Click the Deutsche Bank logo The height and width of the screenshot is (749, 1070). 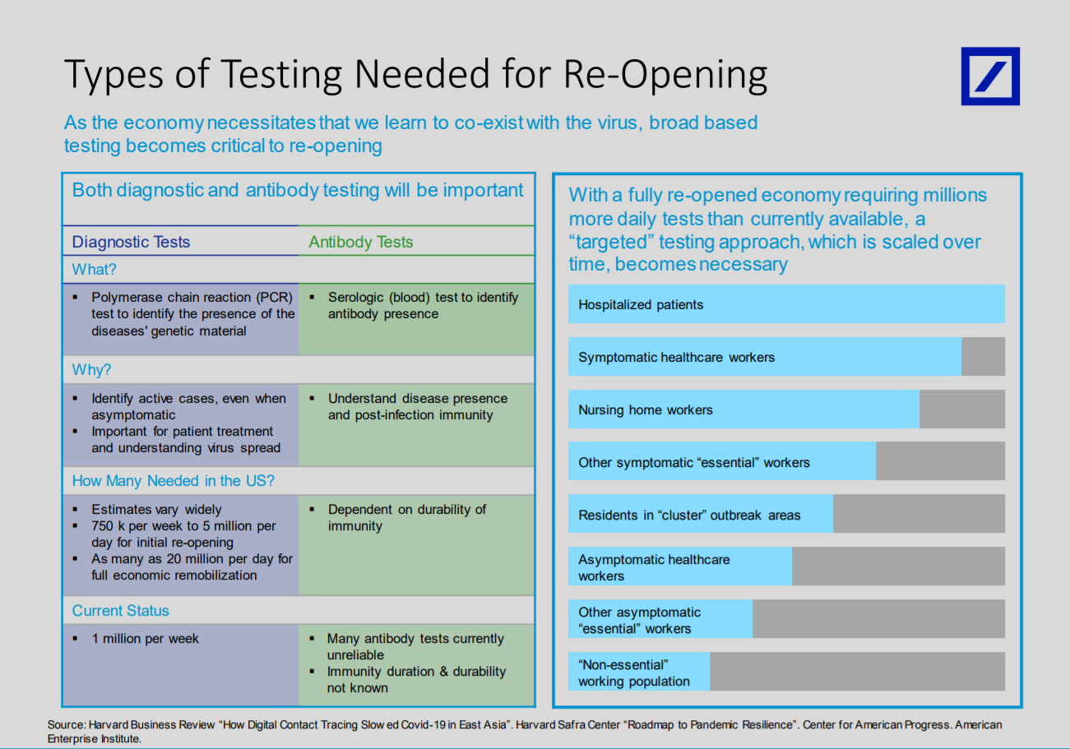tap(990, 76)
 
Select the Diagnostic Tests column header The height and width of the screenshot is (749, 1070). tap(131, 242)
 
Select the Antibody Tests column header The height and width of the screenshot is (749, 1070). tap(361, 242)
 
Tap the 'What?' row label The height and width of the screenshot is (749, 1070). tap(94, 270)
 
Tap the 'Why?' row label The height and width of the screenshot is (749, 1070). tap(91, 370)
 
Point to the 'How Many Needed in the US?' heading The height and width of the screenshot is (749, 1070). tap(174, 481)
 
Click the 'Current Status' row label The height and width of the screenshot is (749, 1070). tap(120, 611)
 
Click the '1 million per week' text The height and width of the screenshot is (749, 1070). tap(145, 639)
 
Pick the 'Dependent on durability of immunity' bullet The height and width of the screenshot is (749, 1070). tap(407, 517)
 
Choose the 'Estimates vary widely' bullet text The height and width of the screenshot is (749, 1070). tap(156, 510)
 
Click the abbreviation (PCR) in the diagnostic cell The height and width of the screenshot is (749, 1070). tap(274, 298)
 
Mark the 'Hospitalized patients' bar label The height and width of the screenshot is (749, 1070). tap(641, 304)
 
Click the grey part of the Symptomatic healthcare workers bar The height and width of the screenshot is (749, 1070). tap(983, 357)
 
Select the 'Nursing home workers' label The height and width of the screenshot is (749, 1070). tap(646, 410)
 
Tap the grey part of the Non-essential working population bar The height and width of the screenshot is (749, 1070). tap(858, 671)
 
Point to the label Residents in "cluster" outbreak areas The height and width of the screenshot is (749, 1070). tap(689, 515)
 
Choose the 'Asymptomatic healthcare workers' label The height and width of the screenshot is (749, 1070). tap(654, 567)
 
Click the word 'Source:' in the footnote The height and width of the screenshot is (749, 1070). tap(67, 724)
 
